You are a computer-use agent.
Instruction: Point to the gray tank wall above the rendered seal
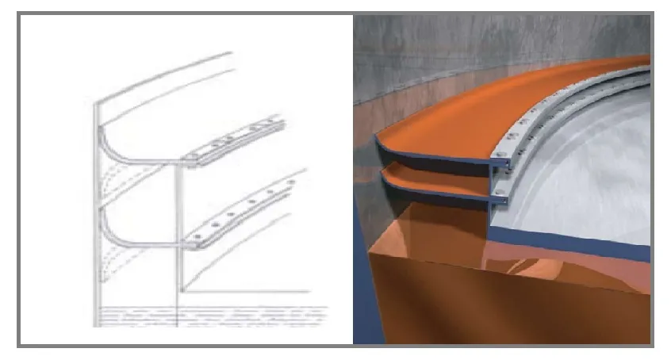(444, 48)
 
